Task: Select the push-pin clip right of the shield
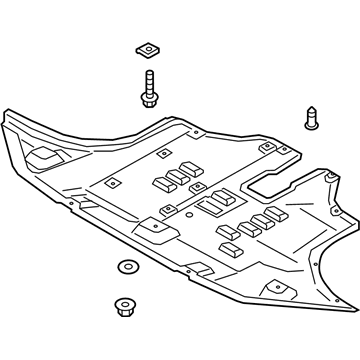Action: (310, 119)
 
